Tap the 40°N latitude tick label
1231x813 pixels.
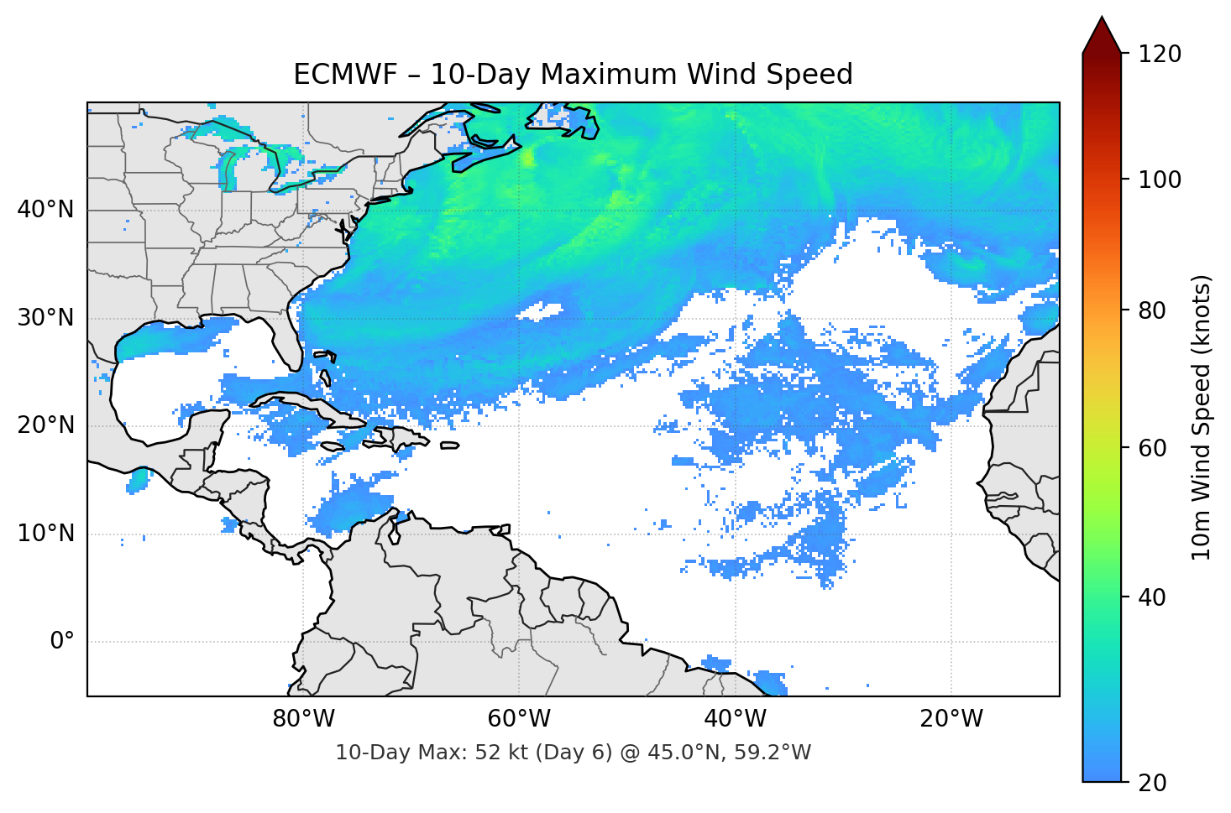45,210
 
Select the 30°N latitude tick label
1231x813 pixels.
45,318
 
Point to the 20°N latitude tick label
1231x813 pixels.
45,425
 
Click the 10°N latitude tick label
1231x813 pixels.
45,534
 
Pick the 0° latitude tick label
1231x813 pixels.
62,642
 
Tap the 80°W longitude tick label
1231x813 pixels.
303,719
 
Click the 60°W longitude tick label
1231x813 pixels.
519,719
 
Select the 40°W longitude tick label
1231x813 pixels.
735,719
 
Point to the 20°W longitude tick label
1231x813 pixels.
951,719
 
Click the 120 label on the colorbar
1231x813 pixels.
1160,55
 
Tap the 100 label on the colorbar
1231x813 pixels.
1160,180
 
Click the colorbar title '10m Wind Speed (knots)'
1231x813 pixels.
1202,417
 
